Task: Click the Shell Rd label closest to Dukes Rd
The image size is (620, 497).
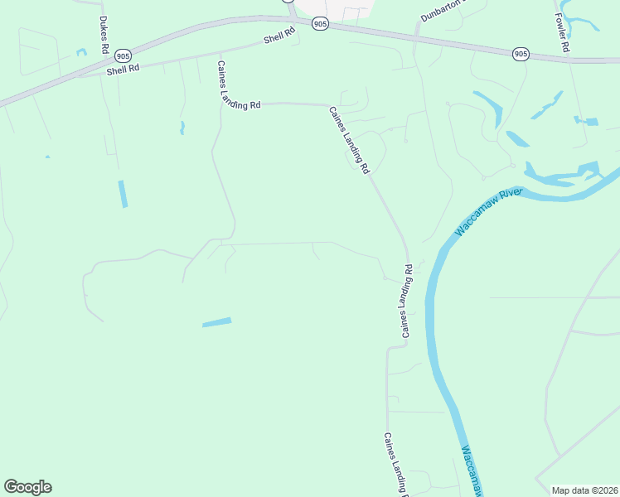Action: pyautogui.click(x=123, y=70)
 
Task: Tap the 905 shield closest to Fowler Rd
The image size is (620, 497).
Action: pyautogui.click(x=520, y=54)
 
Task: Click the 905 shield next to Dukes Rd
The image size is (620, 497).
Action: pyautogui.click(x=123, y=55)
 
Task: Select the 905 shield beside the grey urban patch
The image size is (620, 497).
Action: pyautogui.click(x=321, y=25)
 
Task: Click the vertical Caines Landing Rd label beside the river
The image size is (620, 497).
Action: pyautogui.click(x=407, y=302)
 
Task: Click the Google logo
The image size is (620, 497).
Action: pyautogui.click(x=27, y=487)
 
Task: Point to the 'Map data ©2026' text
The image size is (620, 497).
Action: pyautogui.click(x=584, y=490)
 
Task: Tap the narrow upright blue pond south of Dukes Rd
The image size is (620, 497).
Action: pyautogui.click(x=123, y=194)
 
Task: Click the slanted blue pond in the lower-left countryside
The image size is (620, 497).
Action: pyautogui.click(x=217, y=322)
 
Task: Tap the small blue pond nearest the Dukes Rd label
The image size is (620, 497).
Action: pyautogui.click(x=81, y=52)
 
